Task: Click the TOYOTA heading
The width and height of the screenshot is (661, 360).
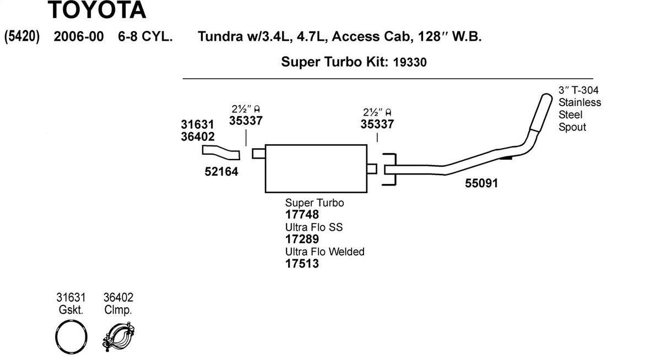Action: pyautogui.click(x=97, y=10)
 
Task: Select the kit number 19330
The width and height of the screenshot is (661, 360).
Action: pyautogui.click(x=410, y=62)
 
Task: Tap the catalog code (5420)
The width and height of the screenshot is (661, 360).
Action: pyautogui.click(x=22, y=36)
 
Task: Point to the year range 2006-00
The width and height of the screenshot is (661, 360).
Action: pyautogui.click(x=78, y=36)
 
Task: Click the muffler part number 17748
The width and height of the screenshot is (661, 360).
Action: pyautogui.click(x=302, y=214)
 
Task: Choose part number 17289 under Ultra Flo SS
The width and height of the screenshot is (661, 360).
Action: pyautogui.click(x=302, y=239)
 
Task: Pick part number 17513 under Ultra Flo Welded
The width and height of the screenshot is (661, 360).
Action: pyautogui.click(x=302, y=263)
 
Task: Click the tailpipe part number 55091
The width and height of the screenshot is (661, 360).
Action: pyautogui.click(x=481, y=183)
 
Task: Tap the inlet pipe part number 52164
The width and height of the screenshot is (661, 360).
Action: pyautogui.click(x=221, y=172)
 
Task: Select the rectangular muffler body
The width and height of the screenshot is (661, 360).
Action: pyautogui.click(x=316, y=168)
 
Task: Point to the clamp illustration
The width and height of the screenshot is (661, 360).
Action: pyautogui.click(x=118, y=338)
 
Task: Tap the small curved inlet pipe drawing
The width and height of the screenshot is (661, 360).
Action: pyautogui.click(x=221, y=152)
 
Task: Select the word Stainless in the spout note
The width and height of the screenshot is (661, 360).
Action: pyautogui.click(x=579, y=102)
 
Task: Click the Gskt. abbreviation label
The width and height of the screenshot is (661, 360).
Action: pyautogui.click(x=71, y=310)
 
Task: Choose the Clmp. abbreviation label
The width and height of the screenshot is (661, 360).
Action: pyautogui.click(x=118, y=310)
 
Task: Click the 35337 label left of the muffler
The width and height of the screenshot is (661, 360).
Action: pyautogui.click(x=246, y=121)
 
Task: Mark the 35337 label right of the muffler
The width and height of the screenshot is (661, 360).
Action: pyautogui.click(x=377, y=124)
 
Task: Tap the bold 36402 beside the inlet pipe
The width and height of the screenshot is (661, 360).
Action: pyautogui.click(x=198, y=137)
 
